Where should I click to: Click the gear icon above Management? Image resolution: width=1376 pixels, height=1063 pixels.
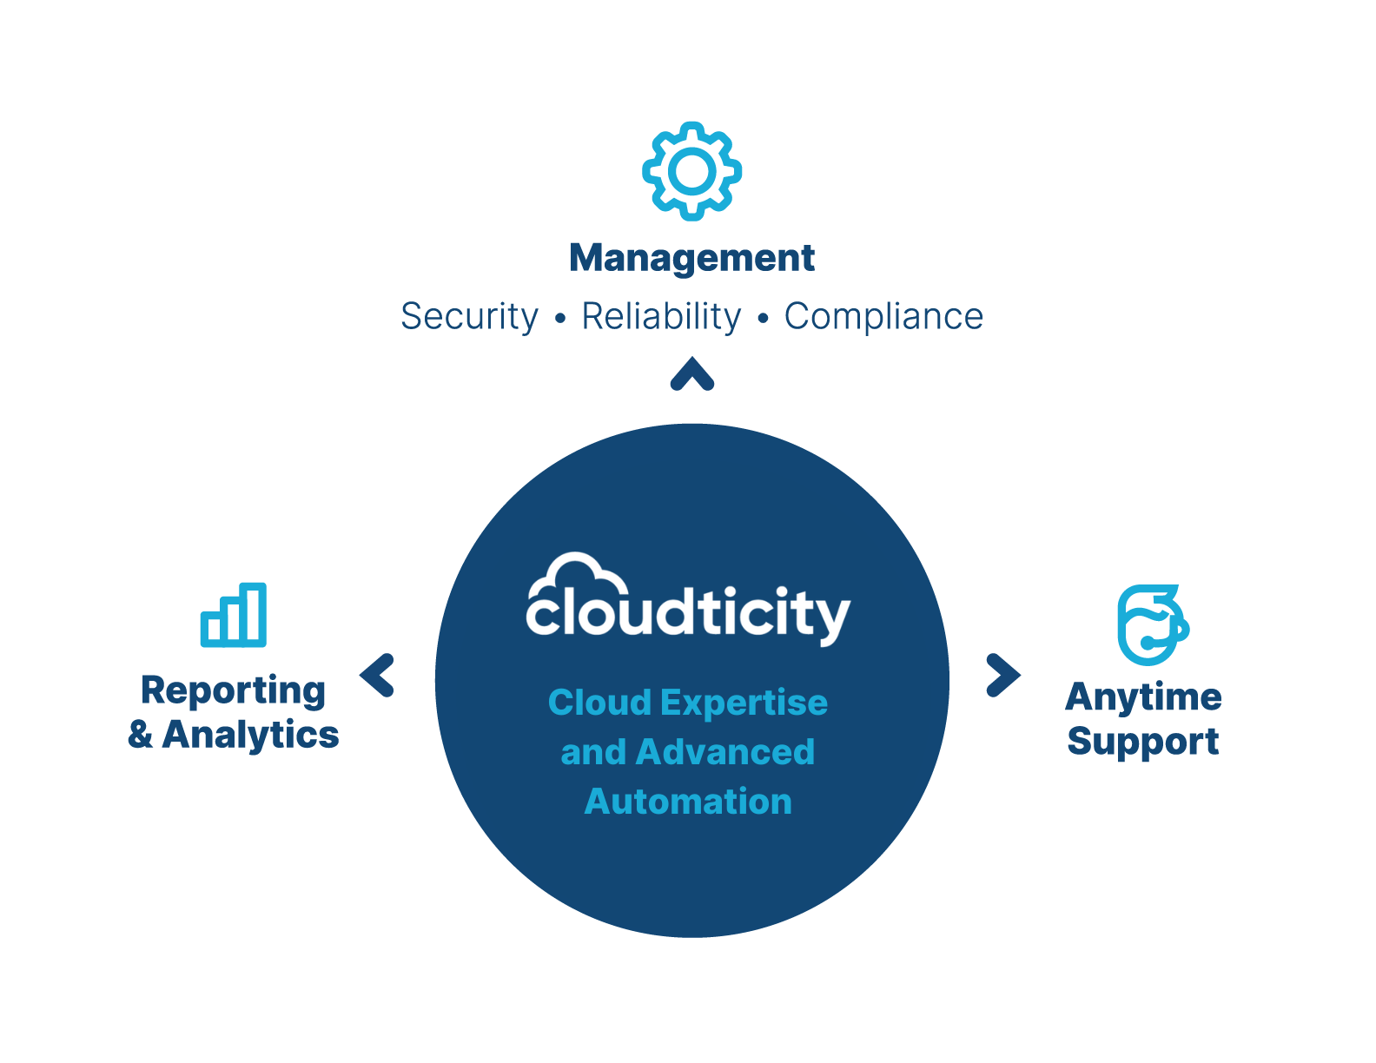(691, 170)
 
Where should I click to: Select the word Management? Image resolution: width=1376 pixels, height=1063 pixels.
(691, 259)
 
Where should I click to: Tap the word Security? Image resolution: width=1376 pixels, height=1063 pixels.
(469, 317)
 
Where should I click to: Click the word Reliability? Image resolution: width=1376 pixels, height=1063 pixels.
(661, 317)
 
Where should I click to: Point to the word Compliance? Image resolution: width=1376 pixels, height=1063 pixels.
(883, 317)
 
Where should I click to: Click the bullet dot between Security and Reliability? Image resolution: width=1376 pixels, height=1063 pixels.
(560, 320)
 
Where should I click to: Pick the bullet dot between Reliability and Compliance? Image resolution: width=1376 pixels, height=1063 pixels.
(763, 320)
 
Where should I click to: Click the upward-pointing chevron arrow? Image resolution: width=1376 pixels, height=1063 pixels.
(692, 375)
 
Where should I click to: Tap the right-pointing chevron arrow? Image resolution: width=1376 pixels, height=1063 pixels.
(1003, 675)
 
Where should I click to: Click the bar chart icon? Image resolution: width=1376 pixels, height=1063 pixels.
(234, 615)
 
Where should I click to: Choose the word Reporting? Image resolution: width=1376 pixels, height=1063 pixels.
(234, 691)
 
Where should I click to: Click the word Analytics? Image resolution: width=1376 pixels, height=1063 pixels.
(250, 735)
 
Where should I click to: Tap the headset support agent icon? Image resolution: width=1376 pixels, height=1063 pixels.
(1151, 625)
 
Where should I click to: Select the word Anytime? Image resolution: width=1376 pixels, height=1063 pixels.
(1143, 697)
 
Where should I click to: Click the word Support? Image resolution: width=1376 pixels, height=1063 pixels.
(1143, 742)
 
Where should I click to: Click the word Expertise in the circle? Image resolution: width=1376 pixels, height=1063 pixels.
(744, 703)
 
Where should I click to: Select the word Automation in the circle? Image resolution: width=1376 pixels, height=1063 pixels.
(688, 802)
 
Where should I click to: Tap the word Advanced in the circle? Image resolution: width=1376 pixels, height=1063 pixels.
(724, 752)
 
